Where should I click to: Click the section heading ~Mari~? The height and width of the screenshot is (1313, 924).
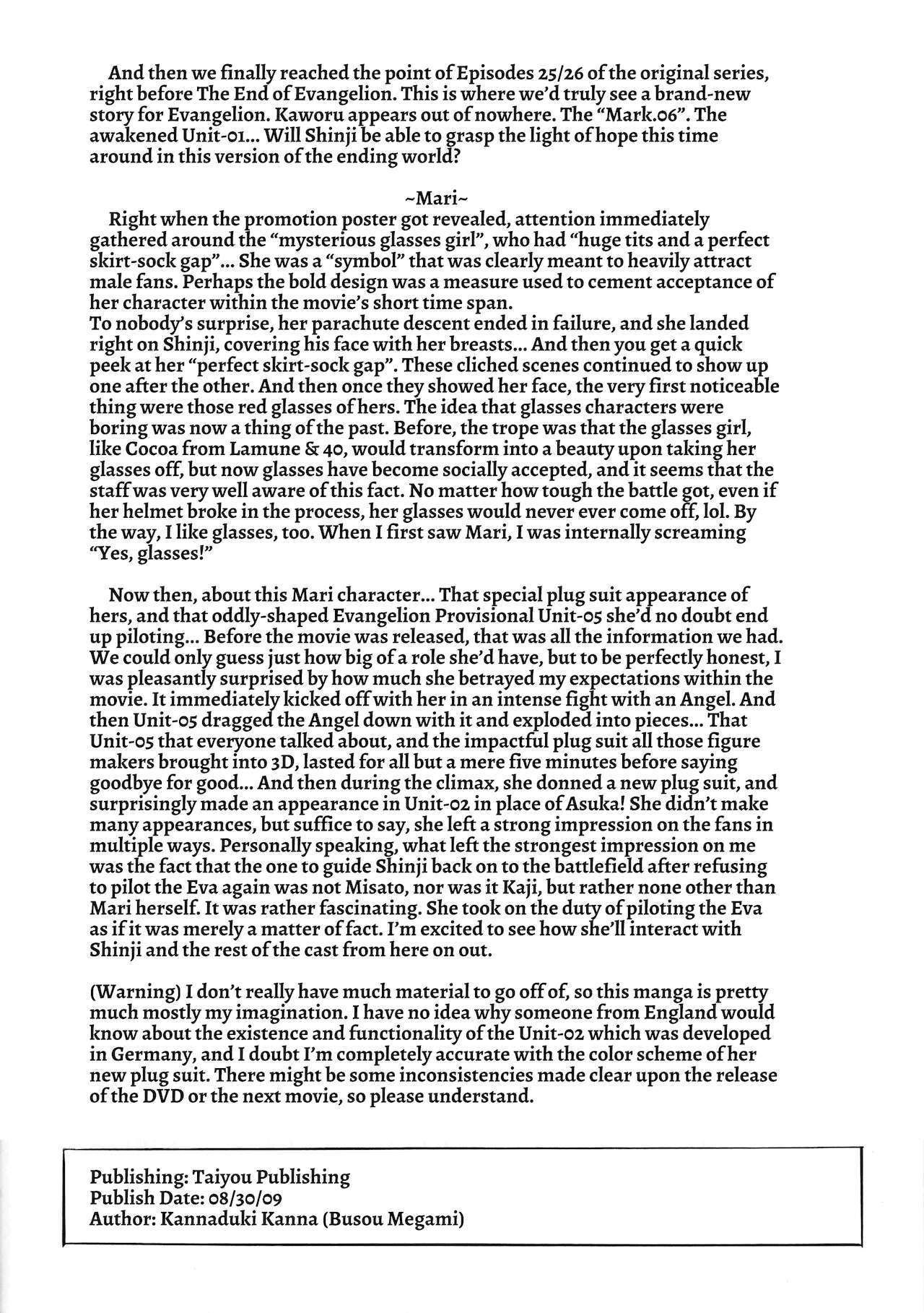tap(437, 197)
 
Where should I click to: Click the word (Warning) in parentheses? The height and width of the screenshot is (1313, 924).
tap(134, 992)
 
